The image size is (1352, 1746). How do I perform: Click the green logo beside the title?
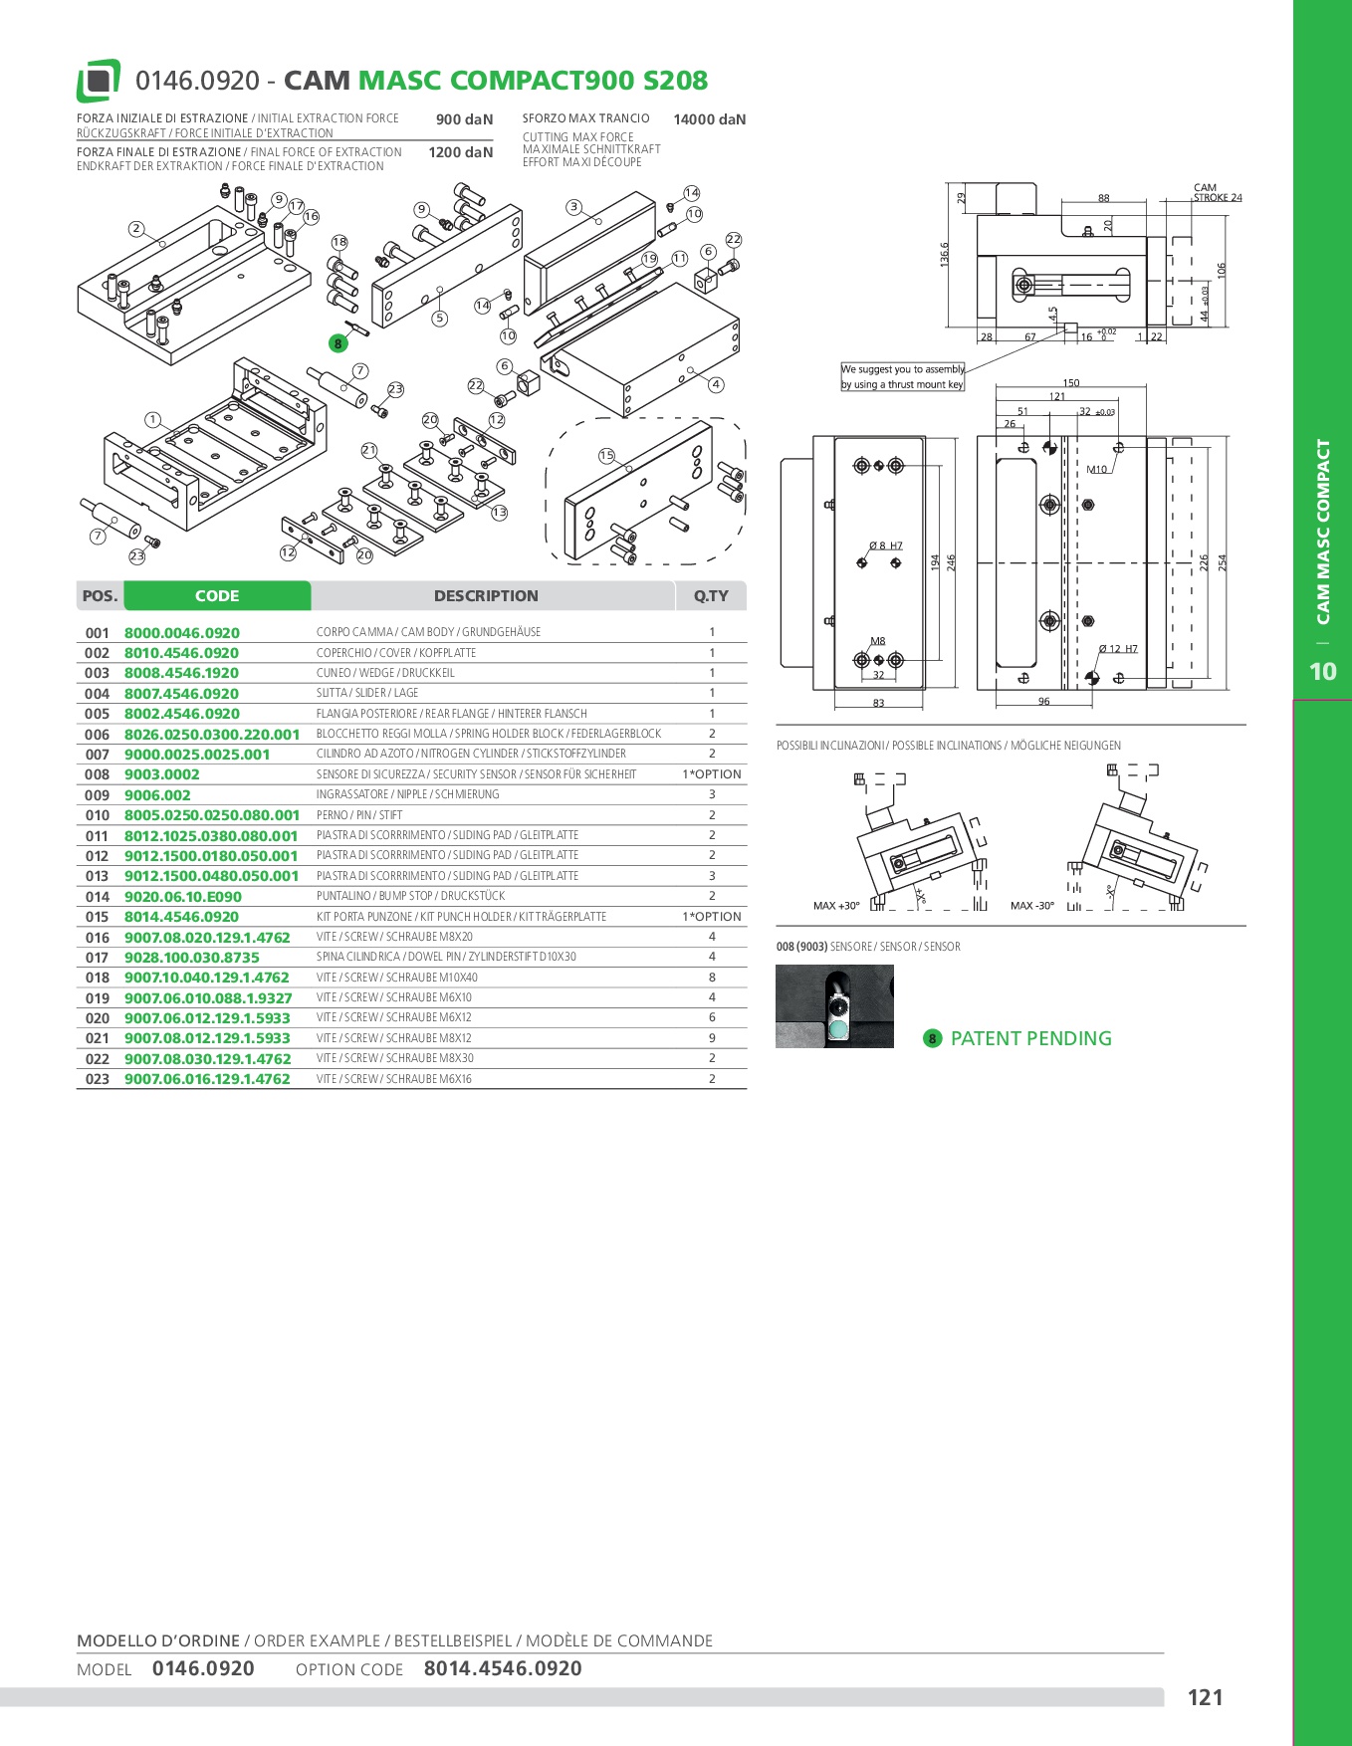coord(99,81)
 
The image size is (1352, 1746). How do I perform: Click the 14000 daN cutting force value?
coord(709,119)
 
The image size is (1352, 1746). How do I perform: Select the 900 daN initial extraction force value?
coord(464,119)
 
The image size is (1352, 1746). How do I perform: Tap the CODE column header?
coord(217,595)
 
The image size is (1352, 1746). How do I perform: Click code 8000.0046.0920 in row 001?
coord(182,633)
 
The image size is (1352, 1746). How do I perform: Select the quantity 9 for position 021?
coord(712,1038)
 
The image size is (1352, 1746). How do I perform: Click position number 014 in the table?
coord(98,897)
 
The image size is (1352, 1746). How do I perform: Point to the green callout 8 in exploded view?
coord(338,343)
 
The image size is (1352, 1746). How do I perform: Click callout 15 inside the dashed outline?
coord(606,456)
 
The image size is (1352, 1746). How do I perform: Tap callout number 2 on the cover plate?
coord(136,229)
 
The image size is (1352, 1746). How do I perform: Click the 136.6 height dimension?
coord(945,255)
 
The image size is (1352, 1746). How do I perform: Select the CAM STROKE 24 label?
coord(1218,193)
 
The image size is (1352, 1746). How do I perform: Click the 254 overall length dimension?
coord(1223,562)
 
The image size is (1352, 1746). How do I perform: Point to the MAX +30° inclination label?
coord(836,906)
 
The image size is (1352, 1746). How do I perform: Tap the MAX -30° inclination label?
coord(1032,906)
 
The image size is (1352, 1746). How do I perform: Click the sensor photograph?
coord(834,1006)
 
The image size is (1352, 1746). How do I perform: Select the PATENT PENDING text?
coord(1031,1038)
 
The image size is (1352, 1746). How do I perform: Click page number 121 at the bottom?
coord(1205,1697)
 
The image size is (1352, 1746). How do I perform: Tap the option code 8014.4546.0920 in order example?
coord(503,1668)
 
